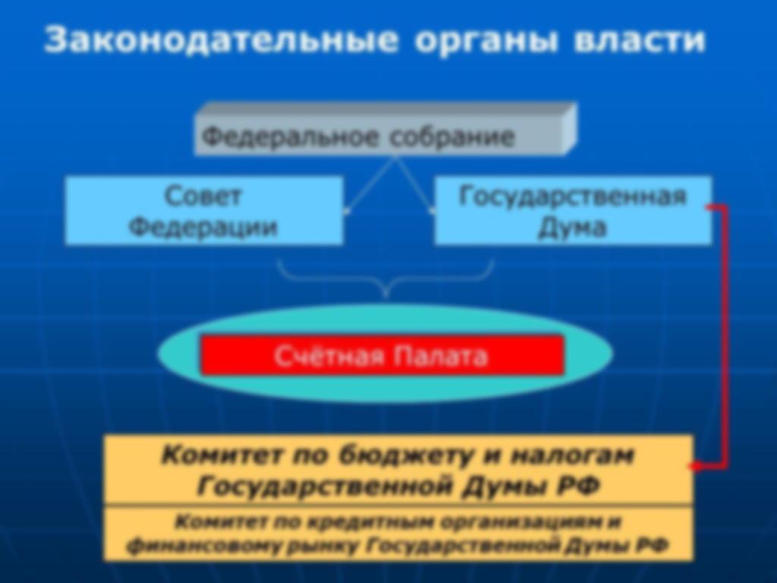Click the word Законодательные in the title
pos(221,39)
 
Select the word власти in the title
pos(639,39)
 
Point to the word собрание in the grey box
pos(452,137)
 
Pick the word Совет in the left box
pos(203,196)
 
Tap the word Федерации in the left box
pos(203,228)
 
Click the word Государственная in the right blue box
pos(572,197)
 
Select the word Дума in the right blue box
pos(572,228)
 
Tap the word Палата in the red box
pos(441,356)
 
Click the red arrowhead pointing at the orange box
pos(695,466)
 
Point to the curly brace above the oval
pos(385,281)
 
